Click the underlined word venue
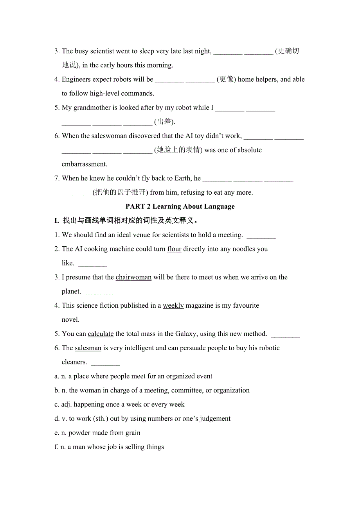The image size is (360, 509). point(141,235)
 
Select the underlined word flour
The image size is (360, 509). point(174,249)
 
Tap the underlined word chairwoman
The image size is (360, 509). point(133,277)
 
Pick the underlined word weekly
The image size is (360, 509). point(173,305)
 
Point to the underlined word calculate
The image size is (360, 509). point(101,334)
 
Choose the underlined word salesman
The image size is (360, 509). point(88,348)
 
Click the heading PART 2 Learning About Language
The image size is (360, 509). point(180,206)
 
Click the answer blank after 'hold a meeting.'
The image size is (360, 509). point(261,236)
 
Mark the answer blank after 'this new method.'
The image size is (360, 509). point(285,335)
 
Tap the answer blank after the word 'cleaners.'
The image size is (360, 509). point(105,363)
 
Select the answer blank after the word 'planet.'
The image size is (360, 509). point(99,292)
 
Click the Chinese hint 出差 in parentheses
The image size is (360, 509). point(164,122)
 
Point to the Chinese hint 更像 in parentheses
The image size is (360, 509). point(227,79)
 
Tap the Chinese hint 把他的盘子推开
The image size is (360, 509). point(120,192)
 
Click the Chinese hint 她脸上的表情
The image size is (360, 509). point(178,150)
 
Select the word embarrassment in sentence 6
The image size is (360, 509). point(85,164)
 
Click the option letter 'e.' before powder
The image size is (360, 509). point(57,433)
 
